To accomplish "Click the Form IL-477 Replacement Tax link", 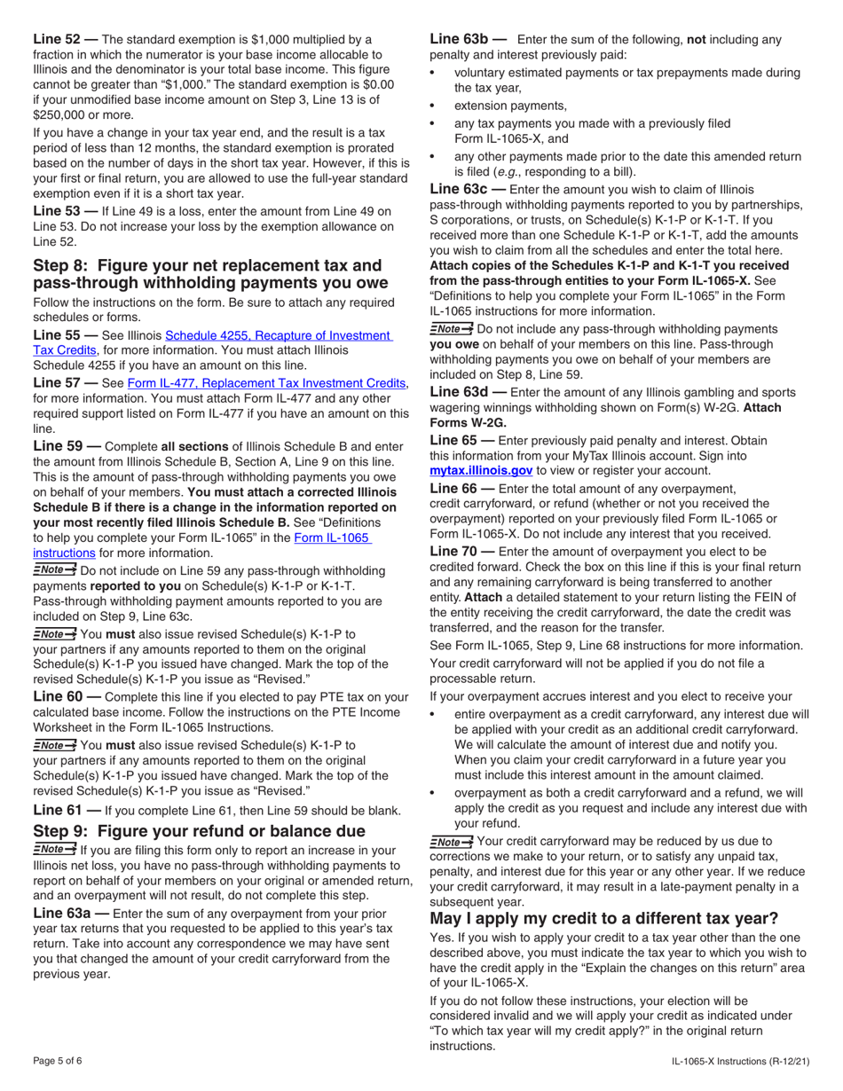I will (x=267, y=382).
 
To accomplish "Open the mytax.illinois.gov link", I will (x=481, y=471).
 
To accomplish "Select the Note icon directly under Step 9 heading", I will (x=54, y=850).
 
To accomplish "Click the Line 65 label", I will (x=456, y=440).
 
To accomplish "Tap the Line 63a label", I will (x=66, y=913).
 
